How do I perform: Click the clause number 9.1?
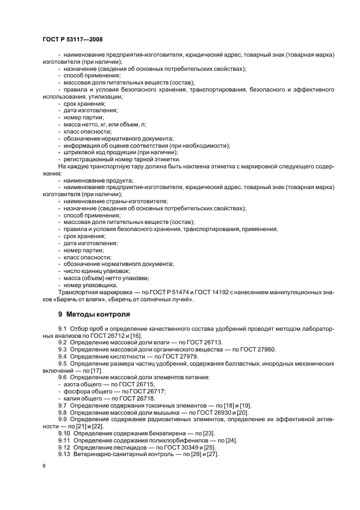click(x=62, y=330)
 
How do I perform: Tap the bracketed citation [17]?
click(x=89, y=371)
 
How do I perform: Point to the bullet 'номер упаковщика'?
click(x=90, y=285)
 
